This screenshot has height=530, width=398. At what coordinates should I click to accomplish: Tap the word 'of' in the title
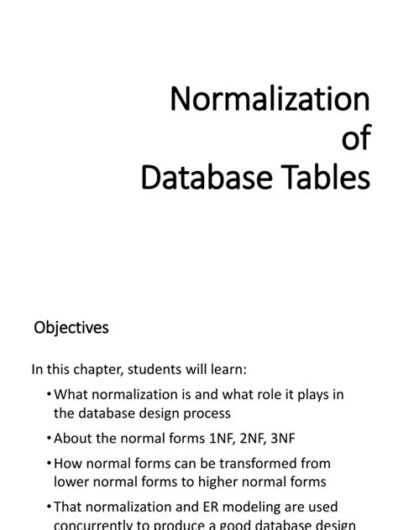[353, 139]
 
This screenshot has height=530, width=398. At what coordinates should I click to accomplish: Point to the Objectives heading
[71, 328]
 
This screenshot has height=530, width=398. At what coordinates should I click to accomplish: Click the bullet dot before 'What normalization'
[49, 394]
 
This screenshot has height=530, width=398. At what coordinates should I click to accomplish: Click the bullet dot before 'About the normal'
[49, 438]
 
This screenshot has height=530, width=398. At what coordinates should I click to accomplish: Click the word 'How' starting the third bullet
[66, 463]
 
